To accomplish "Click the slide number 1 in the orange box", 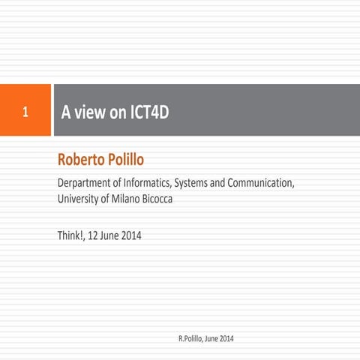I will [25, 113].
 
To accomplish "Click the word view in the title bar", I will [91, 112].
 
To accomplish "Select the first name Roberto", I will [82, 159].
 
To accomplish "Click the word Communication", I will [262, 183].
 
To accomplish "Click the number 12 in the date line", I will [94, 235].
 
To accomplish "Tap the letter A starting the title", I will [65, 112].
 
